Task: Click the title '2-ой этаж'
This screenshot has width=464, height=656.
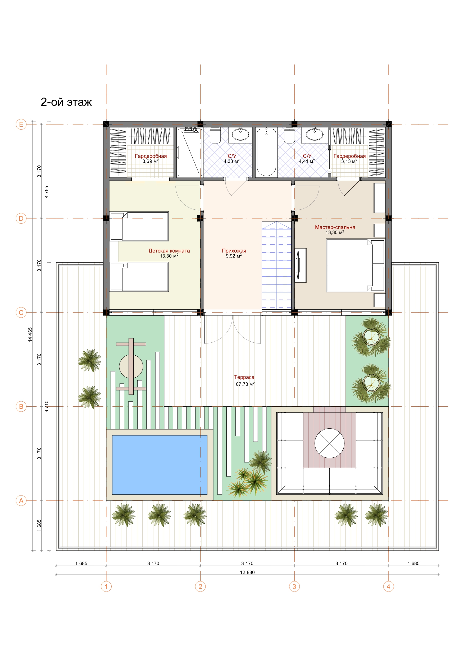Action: click(66, 102)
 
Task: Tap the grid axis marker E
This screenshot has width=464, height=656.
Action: click(21, 124)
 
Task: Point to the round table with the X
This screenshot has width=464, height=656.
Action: click(329, 443)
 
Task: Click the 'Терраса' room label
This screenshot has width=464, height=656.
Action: click(244, 377)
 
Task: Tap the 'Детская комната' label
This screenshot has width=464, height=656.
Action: click(169, 251)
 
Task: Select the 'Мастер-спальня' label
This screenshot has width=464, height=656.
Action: click(335, 227)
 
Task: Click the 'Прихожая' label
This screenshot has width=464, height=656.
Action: click(234, 251)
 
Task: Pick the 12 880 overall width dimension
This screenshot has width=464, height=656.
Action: click(247, 572)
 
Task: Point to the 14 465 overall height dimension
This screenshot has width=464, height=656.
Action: click(30, 334)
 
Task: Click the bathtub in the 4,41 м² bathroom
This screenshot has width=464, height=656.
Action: click(266, 152)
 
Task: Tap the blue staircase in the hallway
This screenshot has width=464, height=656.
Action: click(276, 265)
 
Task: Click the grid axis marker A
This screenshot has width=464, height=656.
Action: click(21, 501)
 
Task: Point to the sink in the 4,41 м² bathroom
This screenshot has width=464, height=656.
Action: click(315, 135)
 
